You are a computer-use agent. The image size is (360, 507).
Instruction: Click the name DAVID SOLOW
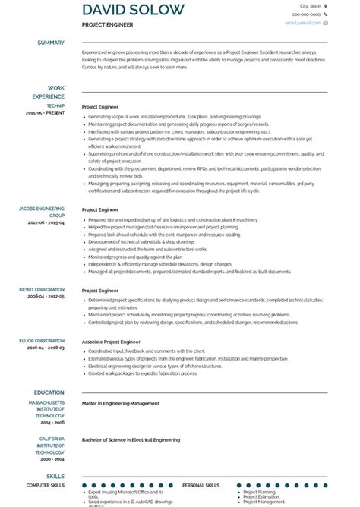(x=133, y=10)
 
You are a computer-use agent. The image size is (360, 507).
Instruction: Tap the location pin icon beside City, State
(x=326, y=5)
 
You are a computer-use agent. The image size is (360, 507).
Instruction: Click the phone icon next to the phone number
(x=326, y=14)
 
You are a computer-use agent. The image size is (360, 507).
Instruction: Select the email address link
(x=302, y=24)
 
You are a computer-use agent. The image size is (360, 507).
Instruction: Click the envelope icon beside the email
(x=326, y=24)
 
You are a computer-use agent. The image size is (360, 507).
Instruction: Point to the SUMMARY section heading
(x=51, y=43)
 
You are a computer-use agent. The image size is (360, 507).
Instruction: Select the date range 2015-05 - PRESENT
(x=46, y=112)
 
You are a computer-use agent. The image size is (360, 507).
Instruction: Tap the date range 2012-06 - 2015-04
(x=46, y=223)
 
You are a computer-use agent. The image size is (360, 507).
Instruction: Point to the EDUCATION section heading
(x=49, y=392)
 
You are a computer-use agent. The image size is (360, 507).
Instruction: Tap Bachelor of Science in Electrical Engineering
(x=131, y=439)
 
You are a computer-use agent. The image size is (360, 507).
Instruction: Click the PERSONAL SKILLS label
(x=201, y=485)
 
